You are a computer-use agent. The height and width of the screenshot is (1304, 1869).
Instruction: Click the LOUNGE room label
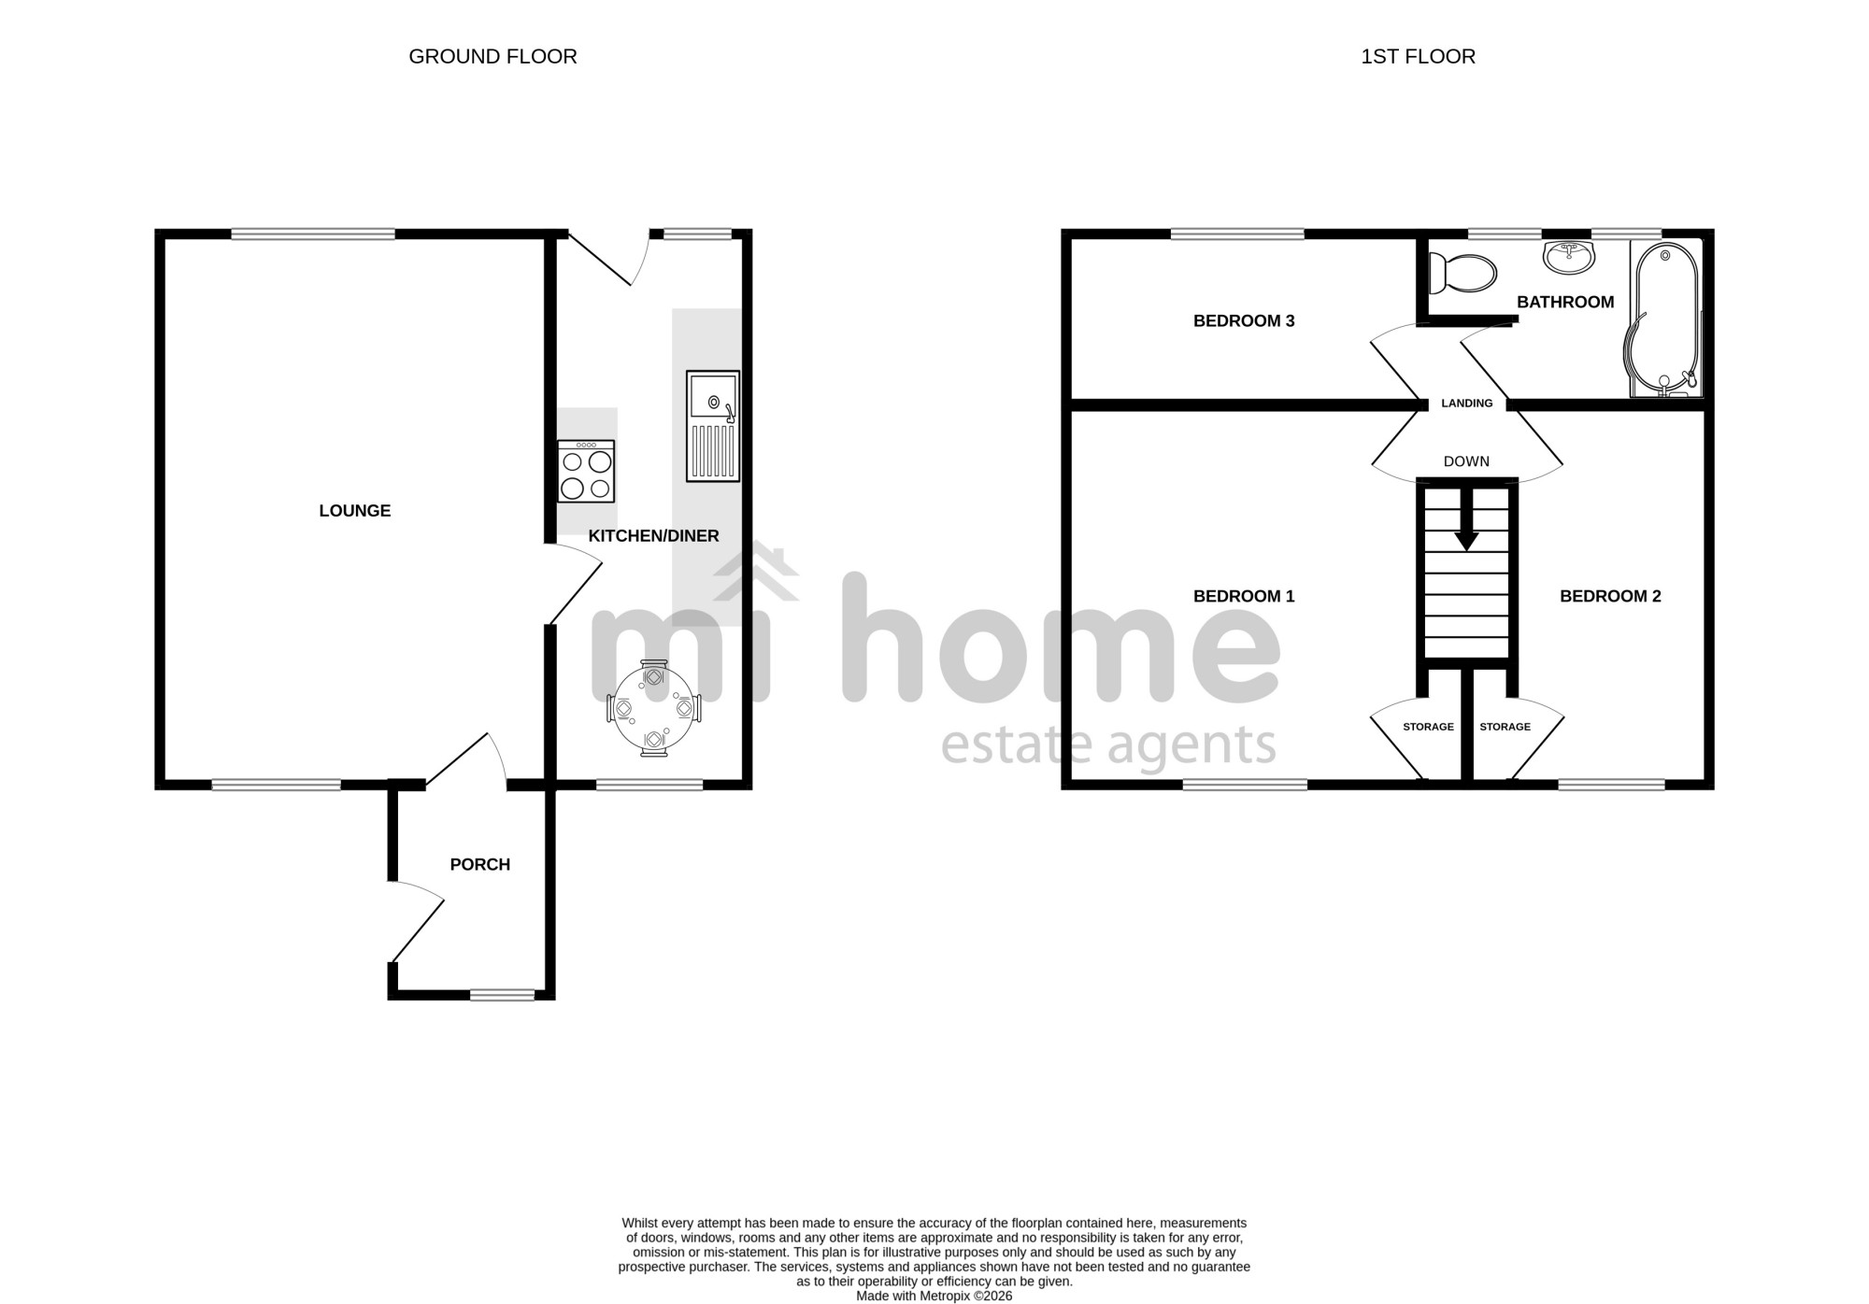pyautogui.click(x=355, y=511)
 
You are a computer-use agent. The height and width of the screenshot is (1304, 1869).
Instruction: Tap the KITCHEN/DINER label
pyautogui.click(x=653, y=536)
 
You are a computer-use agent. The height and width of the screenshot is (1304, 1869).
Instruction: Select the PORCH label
pyautogui.click(x=480, y=865)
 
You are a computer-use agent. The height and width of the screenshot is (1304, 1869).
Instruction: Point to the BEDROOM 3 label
pyautogui.click(x=1244, y=321)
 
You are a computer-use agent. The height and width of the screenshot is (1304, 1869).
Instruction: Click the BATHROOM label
pyautogui.click(x=1565, y=302)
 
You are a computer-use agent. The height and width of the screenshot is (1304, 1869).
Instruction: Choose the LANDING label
pyautogui.click(x=1467, y=404)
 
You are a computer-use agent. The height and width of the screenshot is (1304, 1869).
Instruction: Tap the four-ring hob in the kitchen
pyautogui.click(x=586, y=471)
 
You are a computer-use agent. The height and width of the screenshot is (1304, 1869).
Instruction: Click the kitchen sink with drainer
pyautogui.click(x=713, y=426)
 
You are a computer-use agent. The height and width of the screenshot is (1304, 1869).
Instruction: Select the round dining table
pyautogui.click(x=654, y=709)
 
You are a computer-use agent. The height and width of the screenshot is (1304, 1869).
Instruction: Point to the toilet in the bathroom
pyautogui.click(x=1463, y=274)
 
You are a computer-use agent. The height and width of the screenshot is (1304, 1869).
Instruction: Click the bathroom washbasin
pyautogui.click(x=1569, y=257)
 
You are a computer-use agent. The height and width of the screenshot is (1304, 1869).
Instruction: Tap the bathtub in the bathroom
pyautogui.click(x=1664, y=319)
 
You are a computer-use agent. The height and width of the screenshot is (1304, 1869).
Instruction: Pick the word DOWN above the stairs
pyautogui.click(x=1466, y=461)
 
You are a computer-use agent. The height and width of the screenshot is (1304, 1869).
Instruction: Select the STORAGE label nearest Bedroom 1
pyautogui.click(x=1428, y=727)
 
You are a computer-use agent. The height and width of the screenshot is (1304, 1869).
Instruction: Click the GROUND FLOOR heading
pyautogui.click(x=492, y=57)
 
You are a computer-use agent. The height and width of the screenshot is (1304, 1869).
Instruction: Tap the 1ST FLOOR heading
pyautogui.click(x=1418, y=57)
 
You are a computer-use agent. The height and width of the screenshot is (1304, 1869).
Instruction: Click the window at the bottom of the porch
pyautogui.click(x=502, y=996)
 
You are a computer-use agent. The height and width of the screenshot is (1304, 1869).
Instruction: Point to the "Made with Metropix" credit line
pyautogui.click(x=934, y=1297)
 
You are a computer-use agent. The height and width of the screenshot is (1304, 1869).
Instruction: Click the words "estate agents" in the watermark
pyautogui.click(x=1108, y=744)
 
